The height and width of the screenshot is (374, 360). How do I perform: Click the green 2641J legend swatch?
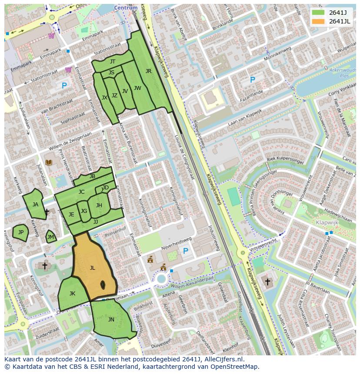318,13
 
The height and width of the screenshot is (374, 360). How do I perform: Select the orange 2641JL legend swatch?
318,21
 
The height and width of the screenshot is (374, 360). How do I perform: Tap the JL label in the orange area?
92,268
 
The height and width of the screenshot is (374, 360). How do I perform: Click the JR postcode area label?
148,71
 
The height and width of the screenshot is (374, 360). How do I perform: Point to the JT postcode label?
113,62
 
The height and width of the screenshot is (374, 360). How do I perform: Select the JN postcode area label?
111,319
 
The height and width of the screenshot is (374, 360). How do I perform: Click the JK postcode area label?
72,294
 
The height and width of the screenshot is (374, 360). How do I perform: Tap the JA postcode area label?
35,205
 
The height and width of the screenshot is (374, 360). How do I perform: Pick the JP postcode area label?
20,232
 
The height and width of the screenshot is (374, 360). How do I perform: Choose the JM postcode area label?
50,237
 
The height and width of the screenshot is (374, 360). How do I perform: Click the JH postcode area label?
99,205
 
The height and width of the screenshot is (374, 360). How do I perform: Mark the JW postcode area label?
137,88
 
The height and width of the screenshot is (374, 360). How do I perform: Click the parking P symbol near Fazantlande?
252,80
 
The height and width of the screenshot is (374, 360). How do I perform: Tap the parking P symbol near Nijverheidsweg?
186,251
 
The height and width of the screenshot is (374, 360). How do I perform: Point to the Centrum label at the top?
126,8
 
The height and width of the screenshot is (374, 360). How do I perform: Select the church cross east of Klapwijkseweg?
267,282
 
